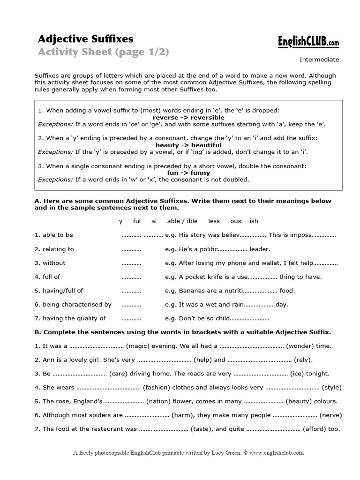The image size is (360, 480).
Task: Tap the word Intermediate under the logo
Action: point(319,60)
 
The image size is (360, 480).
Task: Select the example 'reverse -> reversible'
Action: point(188,117)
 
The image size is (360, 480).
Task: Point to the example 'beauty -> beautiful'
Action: point(188,145)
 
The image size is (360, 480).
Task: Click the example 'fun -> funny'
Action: point(188,173)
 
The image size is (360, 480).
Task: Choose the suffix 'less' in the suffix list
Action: point(214,221)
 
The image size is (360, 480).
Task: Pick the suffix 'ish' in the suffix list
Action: point(254,221)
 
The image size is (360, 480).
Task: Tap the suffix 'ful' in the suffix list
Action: point(137,221)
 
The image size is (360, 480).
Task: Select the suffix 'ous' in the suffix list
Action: point(235,221)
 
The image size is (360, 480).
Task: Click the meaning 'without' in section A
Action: point(54,263)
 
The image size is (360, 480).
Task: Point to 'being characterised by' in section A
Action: point(77,305)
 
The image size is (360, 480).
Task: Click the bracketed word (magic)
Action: point(137,346)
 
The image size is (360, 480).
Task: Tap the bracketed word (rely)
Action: point(303,360)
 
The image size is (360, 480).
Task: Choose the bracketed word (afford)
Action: point(316,429)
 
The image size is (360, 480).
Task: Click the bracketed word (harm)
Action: point(184,415)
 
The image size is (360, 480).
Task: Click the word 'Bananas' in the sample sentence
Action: point(191,291)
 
